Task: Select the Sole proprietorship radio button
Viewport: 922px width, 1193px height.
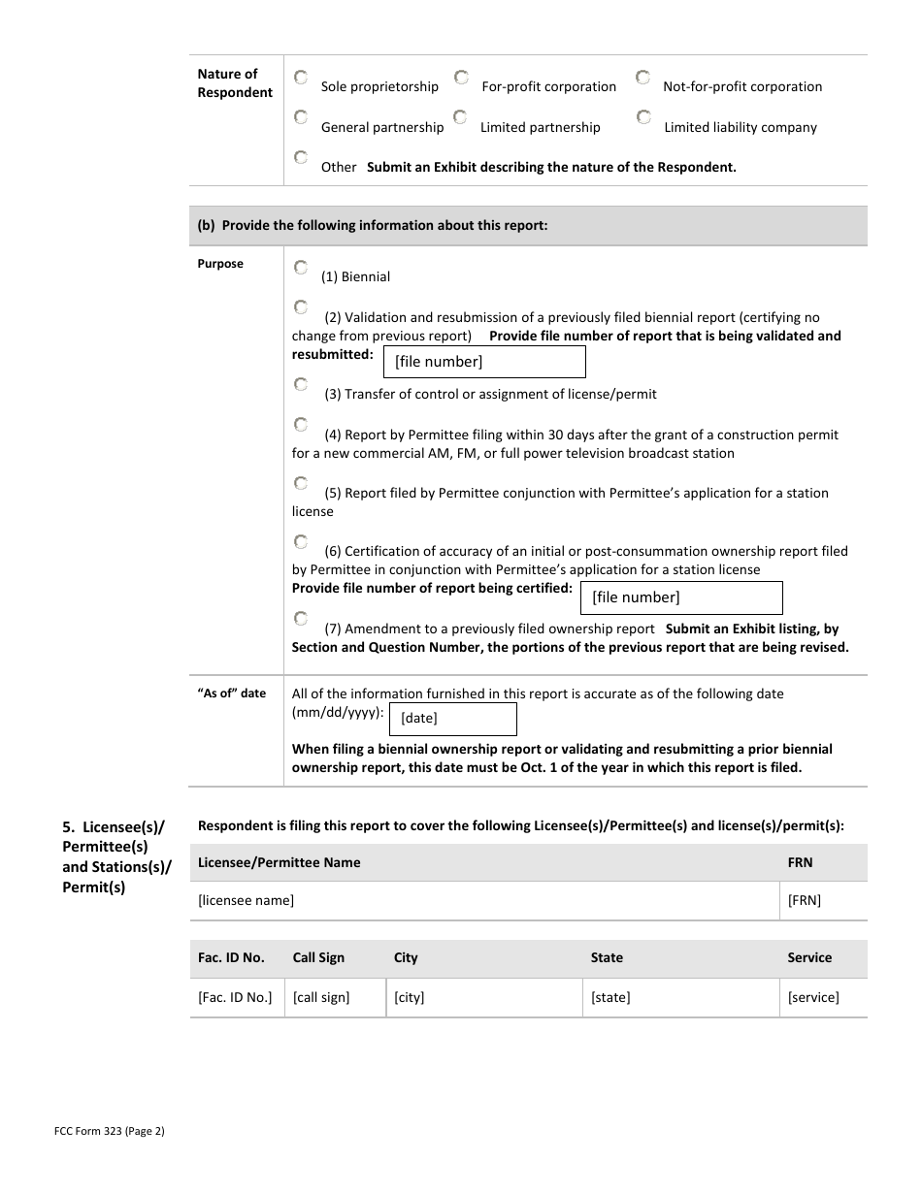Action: point(301,77)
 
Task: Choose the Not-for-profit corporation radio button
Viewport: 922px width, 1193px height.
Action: point(642,77)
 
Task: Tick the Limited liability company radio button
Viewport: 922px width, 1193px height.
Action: point(643,117)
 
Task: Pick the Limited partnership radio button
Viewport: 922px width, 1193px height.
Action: point(460,117)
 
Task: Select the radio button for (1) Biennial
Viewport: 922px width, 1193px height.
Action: point(301,267)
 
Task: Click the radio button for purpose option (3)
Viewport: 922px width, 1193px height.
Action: point(301,384)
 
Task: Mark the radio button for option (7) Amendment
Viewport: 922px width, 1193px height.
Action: point(301,618)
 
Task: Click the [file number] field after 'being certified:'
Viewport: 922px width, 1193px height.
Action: point(681,597)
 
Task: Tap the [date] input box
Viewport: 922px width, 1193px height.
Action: point(452,719)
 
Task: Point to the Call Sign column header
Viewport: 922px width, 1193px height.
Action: point(318,957)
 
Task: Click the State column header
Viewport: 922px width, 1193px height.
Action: point(607,957)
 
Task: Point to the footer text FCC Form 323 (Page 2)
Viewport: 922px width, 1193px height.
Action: point(110,1131)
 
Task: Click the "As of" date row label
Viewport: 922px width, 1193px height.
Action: point(231,693)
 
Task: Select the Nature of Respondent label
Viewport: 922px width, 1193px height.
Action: point(235,83)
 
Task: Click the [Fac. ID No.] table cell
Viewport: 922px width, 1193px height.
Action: point(235,997)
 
